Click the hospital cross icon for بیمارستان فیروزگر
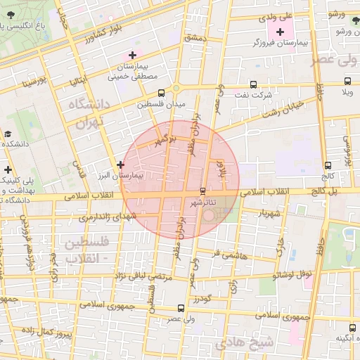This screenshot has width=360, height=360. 281,32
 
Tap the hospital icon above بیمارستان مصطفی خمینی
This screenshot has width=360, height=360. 132,55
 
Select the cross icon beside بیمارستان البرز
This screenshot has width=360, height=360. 121,165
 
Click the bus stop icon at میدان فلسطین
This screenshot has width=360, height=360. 162,93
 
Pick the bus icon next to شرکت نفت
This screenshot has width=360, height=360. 243,83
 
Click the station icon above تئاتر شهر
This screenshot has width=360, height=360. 203,191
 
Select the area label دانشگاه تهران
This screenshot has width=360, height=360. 87,112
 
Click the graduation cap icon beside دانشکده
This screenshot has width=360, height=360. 7,134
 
